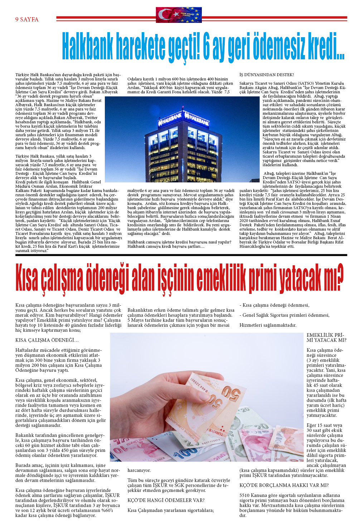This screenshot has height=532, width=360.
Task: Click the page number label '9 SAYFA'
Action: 27,19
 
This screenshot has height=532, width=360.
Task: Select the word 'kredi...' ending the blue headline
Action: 326,47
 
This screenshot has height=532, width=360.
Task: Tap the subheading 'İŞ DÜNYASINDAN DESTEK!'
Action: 266,75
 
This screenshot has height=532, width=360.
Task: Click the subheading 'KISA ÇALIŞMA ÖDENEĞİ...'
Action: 47,340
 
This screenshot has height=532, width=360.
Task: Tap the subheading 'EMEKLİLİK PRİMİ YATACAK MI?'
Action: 326,338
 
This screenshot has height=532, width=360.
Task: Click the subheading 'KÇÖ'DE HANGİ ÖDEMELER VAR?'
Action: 166,500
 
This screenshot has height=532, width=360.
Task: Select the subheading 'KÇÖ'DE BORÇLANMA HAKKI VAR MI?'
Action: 284,485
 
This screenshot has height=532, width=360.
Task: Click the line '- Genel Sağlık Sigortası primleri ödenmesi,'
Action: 284,315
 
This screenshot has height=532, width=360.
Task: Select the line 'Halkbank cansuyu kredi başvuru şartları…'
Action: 166,246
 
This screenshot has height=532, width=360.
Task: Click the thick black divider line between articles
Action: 181,255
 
